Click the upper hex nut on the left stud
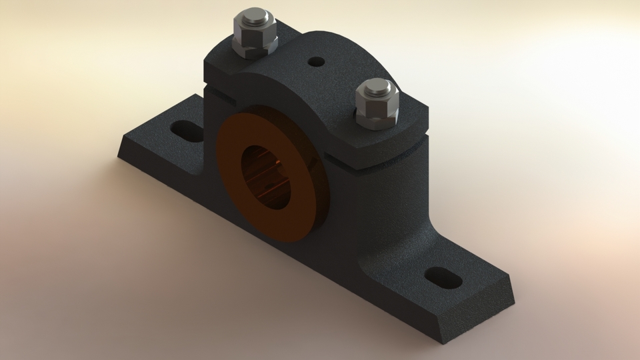point(254,30)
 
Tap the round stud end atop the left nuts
point(254,16)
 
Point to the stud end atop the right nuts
point(377,87)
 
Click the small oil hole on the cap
point(316,62)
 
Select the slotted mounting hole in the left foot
point(187,129)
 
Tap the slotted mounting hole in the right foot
point(443,277)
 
